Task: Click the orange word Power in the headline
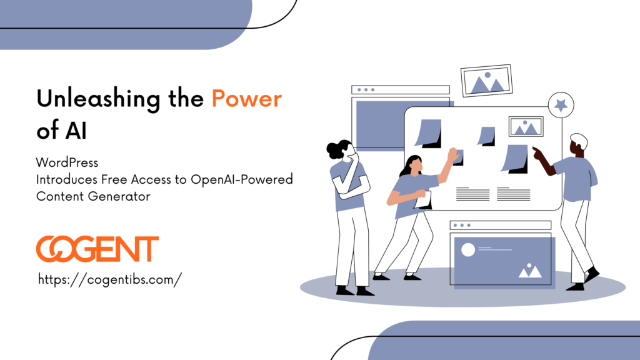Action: tap(246, 99)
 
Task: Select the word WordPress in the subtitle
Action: tap(67, 162)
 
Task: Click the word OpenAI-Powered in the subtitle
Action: tap(242, 179)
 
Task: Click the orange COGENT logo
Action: tap(97, 249)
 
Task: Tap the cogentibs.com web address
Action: tap(110, 279)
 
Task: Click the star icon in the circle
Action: tap(561, 105)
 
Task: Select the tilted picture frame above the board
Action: tap(486, 81)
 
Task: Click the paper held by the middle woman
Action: tap(423, 199)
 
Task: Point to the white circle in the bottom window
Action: tap(467, 250)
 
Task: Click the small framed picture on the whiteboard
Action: tap(526, 126)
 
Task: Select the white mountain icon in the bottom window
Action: tap(530, 271)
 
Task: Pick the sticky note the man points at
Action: tap(515, 158)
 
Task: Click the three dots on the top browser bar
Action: tap(366, 90)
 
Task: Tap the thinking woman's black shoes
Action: tap(354, 291)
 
